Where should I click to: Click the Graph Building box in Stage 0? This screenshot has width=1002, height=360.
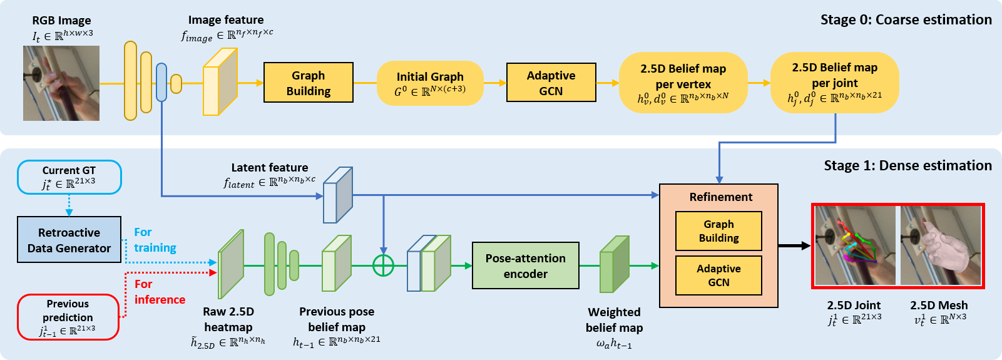309,83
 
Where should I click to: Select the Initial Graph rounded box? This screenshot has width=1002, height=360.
430,83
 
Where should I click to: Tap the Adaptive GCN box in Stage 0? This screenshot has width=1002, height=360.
551,83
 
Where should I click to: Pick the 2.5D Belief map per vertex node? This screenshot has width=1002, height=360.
683,83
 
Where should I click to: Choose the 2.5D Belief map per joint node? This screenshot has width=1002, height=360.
834,82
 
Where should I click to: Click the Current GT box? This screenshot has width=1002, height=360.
69,177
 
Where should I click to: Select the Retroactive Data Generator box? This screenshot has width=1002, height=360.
69,240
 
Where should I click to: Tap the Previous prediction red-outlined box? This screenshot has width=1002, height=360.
68,317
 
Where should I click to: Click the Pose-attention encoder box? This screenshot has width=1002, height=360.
525,265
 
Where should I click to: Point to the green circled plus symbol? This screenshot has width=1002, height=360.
383,265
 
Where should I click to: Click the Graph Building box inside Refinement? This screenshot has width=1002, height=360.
718,231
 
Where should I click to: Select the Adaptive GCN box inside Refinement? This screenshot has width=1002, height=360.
718,275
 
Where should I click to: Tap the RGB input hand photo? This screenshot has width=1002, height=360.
61,83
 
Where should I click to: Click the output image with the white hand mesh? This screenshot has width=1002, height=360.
941,246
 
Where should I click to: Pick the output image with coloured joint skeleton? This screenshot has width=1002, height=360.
855,246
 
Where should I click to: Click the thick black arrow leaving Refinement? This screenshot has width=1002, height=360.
794,246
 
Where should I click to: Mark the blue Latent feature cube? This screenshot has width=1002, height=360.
338,195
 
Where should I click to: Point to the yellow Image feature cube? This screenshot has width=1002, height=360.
220,82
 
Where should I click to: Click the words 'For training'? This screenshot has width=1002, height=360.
155,240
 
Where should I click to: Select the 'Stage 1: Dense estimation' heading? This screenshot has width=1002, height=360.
907,165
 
